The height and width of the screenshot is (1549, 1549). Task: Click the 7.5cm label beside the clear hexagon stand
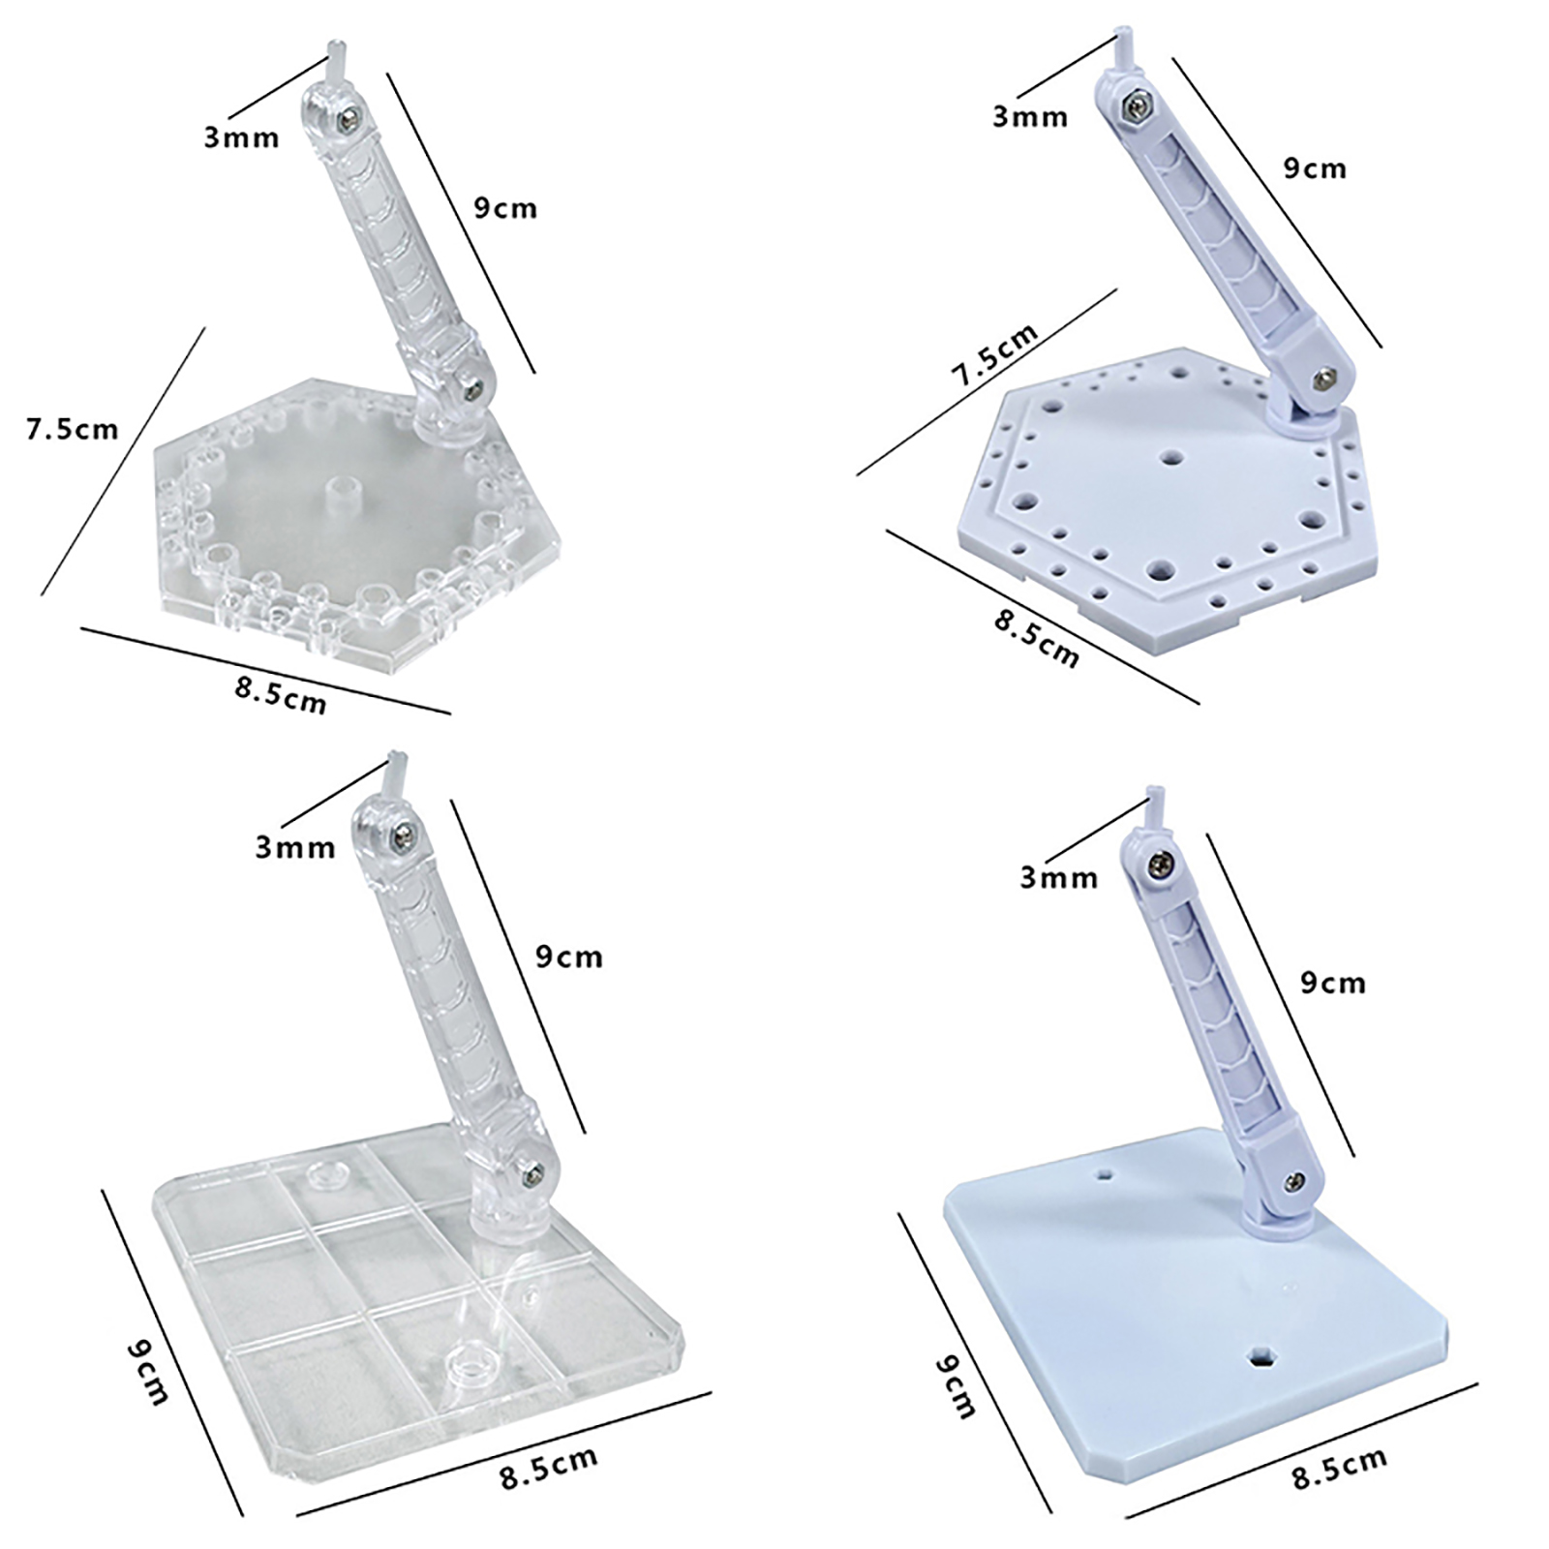pos(73,429)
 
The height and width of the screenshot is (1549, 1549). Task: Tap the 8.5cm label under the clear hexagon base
pos(281,694)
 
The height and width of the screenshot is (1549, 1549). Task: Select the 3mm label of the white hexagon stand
pos(1030,117)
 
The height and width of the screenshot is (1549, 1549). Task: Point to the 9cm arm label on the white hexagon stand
pos(1315,167)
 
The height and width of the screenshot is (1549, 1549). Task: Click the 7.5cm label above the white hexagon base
pos(994,354)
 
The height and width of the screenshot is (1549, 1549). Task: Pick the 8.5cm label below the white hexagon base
pos(1036,638)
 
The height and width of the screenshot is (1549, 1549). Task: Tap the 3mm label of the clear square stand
pos(295,847)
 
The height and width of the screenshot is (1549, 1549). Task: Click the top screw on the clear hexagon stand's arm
pos(348,119)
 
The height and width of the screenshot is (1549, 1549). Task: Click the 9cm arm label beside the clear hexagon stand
pos(505,208)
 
